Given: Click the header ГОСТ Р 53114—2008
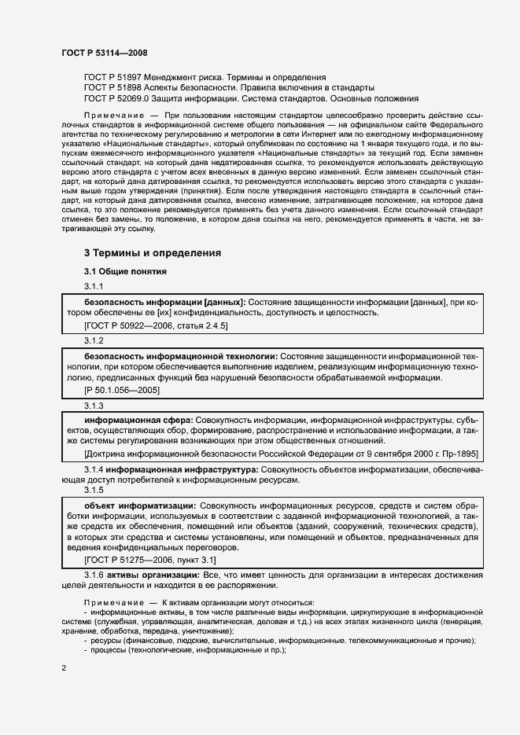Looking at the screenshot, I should [104, 53].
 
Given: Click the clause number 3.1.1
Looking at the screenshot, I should [94, 286].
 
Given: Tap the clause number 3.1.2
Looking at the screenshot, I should [94, 340].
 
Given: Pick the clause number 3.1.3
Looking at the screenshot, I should [94, 406].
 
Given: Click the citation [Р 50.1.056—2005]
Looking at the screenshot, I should [122, 391].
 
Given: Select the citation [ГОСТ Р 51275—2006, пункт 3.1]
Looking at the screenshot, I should [149, 560].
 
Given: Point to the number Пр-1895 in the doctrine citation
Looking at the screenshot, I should [452, 456].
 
